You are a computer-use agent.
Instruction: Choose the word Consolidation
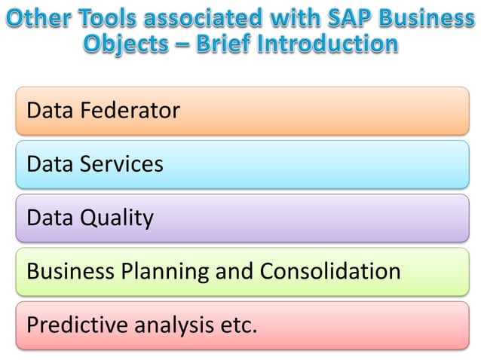330,270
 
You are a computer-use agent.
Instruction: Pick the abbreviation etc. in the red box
237,325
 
